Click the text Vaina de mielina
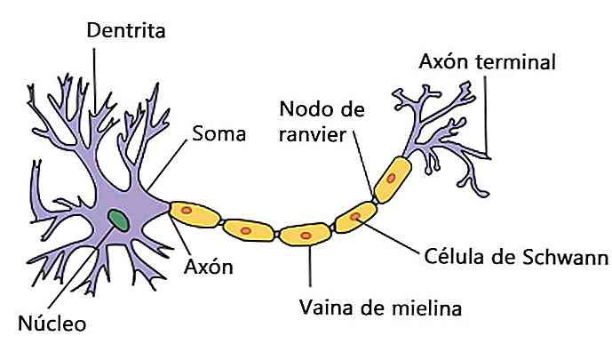pos(379,308)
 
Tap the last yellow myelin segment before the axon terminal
pos(392,180)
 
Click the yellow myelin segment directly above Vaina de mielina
pos(305,236)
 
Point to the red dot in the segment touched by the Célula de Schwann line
pos(356,215)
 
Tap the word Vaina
pos(325,308)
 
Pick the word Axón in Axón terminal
pos(441,62)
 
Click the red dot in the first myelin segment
pos(187,212)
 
